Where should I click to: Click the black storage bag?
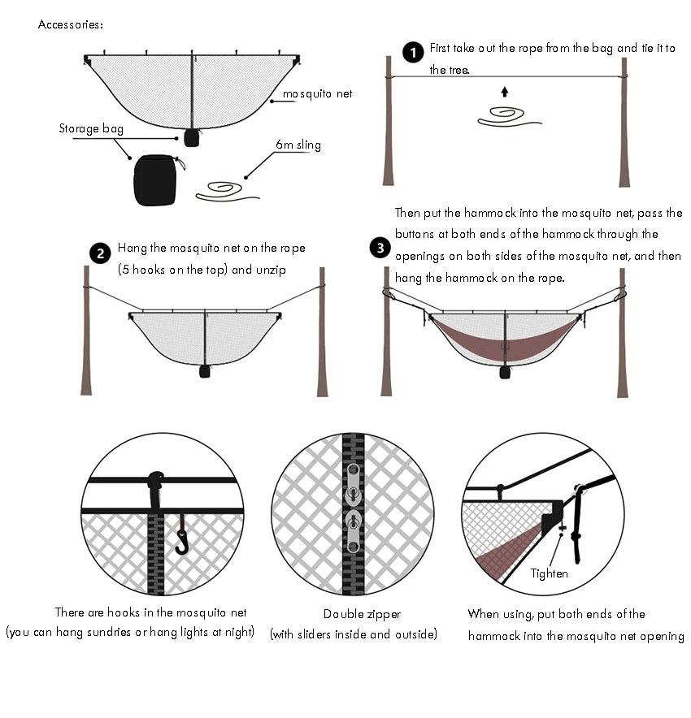154,179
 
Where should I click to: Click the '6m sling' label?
298,145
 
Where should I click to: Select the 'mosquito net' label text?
317,94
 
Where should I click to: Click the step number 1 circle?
413,53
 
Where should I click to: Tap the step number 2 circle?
100,253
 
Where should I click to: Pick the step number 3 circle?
380,248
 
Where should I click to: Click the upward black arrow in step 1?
504,92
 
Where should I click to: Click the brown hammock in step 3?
504,340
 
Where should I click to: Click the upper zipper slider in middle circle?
352,484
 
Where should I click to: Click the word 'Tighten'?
549,573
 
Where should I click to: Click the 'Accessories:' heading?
71,24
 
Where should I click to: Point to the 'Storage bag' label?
90,128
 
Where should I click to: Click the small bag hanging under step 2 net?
205,371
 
